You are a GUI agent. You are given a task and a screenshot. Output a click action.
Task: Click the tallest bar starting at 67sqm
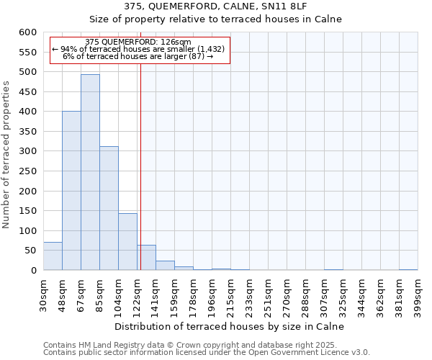(x=90, y=173)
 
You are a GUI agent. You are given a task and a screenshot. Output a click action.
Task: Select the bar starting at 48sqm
(x=71, y=191)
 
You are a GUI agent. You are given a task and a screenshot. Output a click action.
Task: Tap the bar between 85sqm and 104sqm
(x=109, y=209)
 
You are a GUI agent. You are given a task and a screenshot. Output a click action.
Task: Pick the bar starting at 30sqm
(x=53, y=256)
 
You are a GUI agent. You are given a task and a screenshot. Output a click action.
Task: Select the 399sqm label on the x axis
(x=418, y=294)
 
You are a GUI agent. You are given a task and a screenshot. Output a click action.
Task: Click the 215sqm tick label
(x=230, y=294)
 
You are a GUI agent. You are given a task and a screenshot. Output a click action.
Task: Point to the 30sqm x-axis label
(x=43, y=294)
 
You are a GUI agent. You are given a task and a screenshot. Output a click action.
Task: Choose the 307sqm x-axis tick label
(x=324, y=294)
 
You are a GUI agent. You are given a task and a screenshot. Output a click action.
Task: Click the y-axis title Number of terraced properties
(x=6, y=155)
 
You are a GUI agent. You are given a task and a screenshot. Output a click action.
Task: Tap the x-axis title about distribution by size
(x=230, y=326)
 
